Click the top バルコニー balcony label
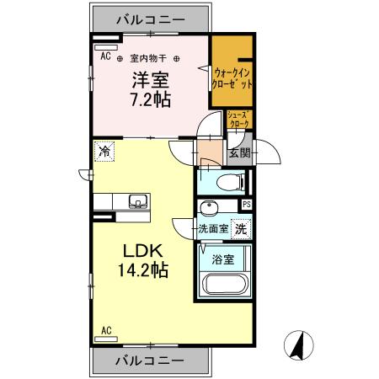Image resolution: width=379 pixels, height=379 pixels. tap(149, 17)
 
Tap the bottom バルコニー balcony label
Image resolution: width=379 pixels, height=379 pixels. tap(149, 360)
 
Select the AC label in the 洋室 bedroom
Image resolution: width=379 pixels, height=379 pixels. tap(105, 56)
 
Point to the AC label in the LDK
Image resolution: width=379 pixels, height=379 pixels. tap(107, 329)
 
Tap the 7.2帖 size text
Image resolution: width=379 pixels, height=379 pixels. tap(149, 98)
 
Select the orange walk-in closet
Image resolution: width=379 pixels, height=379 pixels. tap(232, 77)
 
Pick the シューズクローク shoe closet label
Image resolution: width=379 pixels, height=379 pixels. tap(239, 120)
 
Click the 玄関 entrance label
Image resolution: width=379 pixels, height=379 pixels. tap(239, 153)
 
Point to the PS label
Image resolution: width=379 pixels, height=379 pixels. tap(246, 204)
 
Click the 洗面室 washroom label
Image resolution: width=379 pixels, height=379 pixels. tap(214, 228)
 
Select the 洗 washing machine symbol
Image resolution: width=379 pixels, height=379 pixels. tap(241, 227)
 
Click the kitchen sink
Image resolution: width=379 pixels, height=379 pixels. tap(136, 200)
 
